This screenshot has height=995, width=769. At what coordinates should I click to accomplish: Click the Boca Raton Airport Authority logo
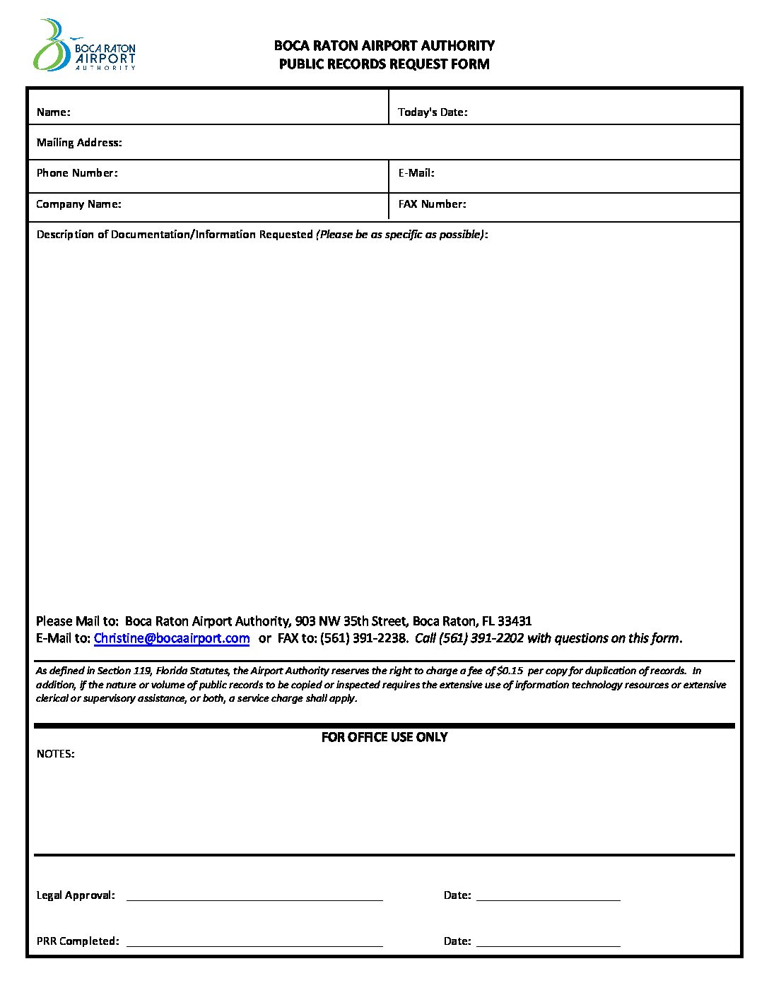84,46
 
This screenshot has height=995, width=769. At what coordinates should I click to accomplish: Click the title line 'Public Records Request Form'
384,64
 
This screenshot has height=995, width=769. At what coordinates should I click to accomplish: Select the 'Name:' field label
53,112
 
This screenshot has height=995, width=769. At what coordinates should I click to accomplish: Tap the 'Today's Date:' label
433,112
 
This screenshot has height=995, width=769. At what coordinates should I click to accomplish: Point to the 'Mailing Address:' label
79,143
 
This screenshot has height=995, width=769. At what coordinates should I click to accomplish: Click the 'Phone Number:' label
77,173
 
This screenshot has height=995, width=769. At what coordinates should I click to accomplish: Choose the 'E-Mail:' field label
416,173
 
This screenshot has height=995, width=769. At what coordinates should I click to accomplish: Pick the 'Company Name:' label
78,204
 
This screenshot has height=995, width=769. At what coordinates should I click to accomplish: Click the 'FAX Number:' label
432,204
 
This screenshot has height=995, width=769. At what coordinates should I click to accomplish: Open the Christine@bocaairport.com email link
172,639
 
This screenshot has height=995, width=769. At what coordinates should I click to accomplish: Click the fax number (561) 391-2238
364,639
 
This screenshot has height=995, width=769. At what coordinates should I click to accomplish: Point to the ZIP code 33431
515,621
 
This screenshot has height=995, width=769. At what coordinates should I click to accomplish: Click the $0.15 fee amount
510,671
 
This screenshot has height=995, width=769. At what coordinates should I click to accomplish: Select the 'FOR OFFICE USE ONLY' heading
384,737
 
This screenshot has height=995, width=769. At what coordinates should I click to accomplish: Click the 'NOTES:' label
55,754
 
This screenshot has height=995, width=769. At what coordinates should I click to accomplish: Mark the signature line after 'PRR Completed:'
254,944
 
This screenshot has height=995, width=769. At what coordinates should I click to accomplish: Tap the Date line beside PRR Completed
548,944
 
